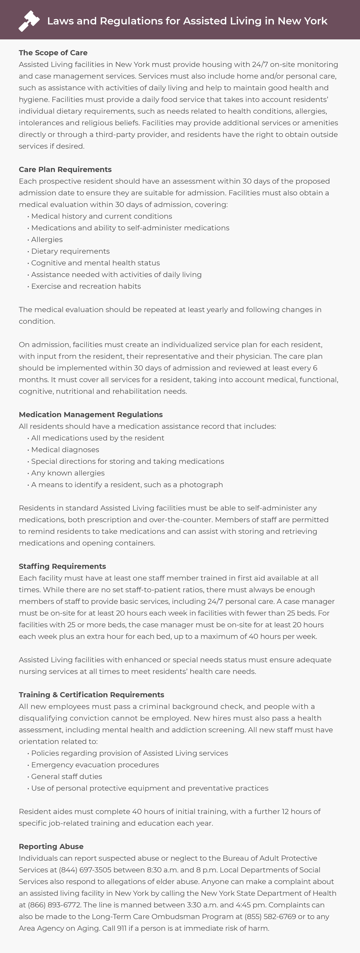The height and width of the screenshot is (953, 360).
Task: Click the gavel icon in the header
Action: click(x=29, y=21)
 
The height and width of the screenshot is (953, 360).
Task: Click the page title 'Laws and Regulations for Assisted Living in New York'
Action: click(x=187, y=21)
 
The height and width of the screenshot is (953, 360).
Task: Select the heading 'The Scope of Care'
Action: click(x=53, y=53)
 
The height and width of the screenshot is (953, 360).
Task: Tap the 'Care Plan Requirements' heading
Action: click(x=65, y=169)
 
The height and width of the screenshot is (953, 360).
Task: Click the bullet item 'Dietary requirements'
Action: click(x=70, y=251)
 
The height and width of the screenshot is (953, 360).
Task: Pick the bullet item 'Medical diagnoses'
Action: click(x=65, y=449)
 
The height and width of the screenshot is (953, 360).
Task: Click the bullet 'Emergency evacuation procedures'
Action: click(x=95, y=765)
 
